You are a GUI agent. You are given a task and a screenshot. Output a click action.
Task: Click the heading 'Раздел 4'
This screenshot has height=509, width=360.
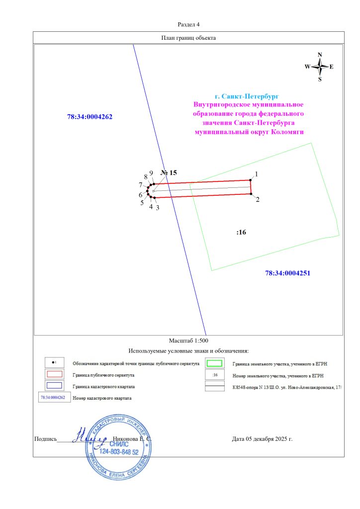point(188,24)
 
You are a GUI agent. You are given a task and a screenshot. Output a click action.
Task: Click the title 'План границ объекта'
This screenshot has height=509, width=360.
point(188,38)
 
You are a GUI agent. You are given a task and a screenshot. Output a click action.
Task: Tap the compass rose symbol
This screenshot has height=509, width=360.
point(320,67)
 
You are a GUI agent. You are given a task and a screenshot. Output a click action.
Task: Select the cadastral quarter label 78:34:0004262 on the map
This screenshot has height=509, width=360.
point(90,117)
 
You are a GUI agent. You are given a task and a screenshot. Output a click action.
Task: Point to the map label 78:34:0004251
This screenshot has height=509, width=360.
point(288,273)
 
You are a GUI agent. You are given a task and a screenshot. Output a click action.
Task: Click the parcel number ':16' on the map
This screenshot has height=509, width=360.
point(242,232)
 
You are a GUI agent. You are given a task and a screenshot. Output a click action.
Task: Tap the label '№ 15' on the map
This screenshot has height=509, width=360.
point(169,173)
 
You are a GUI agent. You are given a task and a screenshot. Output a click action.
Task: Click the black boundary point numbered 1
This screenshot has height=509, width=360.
point(250,180)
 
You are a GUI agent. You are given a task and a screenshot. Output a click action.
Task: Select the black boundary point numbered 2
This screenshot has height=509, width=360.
point(251,194)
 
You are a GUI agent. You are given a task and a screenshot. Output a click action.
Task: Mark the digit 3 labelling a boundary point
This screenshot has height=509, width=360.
point(157,208)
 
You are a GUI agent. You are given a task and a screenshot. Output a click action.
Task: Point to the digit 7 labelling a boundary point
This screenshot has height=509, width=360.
point(141,185)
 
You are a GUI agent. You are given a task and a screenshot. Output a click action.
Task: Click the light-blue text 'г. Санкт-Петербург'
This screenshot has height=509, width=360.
point(247,95)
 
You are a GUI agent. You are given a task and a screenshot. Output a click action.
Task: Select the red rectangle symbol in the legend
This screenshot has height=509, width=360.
point(54,374)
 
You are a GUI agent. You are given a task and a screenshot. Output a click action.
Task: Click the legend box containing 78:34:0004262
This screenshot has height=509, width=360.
point(53,398)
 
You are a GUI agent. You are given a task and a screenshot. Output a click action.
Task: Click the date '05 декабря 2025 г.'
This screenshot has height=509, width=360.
point(269,439)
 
